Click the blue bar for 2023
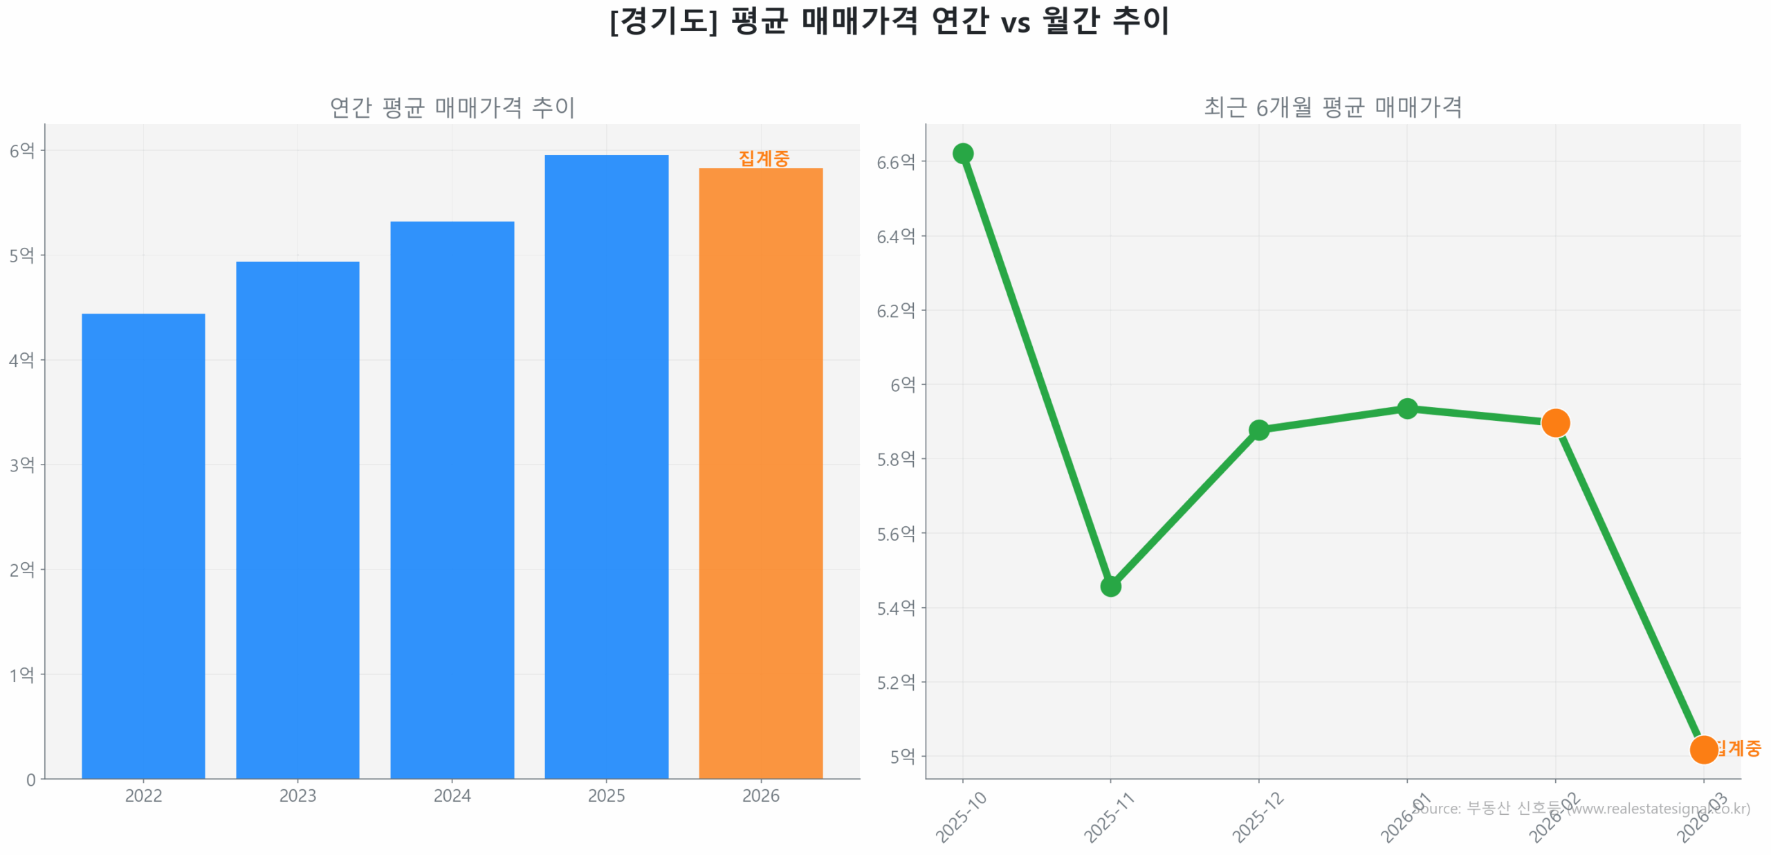(x=297, y=519)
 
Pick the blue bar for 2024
(x=452, y=499)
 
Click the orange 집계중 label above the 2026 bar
(x=764, y=159)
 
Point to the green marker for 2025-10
(x=962, y=154)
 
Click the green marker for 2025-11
(x=1110, y=586)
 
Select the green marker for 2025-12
(x=1258, y=431)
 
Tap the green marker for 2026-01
(x=1406, y=409)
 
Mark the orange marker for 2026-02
(x=1554, y=423)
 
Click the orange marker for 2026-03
(x=1703, y=749)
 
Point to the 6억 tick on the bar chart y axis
(x=21, y=150)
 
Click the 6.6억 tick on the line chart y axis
(x=895, y=162)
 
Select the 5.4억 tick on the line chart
(x=895, y=609)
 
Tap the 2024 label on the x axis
(x=452, y=795)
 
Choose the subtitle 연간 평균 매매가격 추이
(x=452, y=107)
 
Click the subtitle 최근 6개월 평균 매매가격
(x=1332, y=107)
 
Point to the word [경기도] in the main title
(x=663, y=21)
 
